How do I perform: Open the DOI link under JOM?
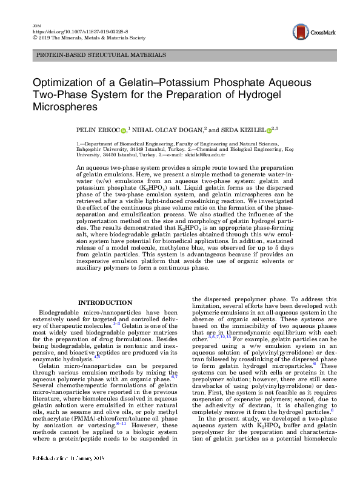coord(68,29)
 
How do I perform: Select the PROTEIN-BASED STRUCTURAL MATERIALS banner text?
coord(101,55)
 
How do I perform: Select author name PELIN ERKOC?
coord(96,129)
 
